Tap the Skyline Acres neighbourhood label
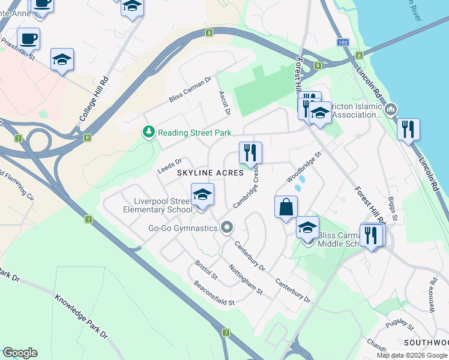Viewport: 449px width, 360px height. tap(210, 172)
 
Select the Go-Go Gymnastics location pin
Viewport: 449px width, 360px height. tap(227, 227)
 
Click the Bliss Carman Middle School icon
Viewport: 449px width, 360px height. tap(307, 227)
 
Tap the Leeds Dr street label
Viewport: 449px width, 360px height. tap(169, 166)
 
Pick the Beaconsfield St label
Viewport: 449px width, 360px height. tap(212, 293)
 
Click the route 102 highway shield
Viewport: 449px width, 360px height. tap(342, 43)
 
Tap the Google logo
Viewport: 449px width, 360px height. tap(20, 353)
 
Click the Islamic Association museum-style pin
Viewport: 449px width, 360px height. tap(391, 109)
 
